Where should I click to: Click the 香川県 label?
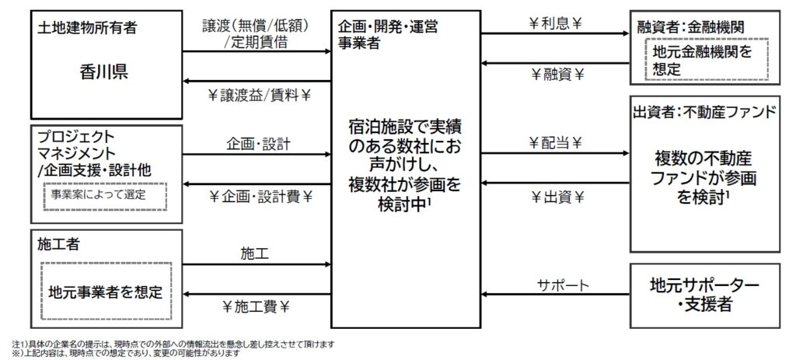[103, 73]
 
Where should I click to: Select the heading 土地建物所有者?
[87, 29]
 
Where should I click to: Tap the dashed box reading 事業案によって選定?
[105, 195]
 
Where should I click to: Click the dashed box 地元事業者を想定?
[106, 291]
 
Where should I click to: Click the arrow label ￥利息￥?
[555, 25]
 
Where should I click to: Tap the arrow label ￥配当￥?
[555, 144]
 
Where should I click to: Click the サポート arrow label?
[563, 285]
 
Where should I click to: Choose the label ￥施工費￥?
[256, 306]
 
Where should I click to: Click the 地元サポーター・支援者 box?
[704, 295]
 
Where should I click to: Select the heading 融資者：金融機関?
[690, 28]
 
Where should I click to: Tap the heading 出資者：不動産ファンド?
[705, 111]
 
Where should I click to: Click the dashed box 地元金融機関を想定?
[707, 59]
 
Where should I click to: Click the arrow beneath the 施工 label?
[257, 264]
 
